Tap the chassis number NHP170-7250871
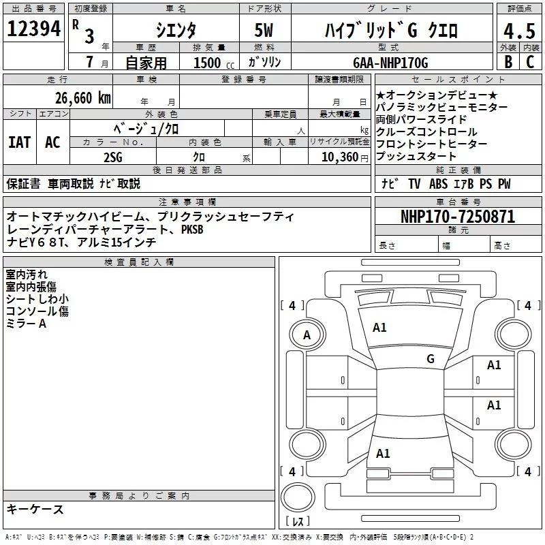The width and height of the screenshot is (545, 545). click(457, 217)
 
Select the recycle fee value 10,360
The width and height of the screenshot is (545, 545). click(335, 157)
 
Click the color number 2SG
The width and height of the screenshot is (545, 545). click(113, 157)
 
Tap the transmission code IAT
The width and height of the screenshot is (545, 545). click(20, 142)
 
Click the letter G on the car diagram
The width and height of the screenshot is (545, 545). click(430, 358)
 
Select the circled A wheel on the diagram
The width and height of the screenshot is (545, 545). click(307, 335)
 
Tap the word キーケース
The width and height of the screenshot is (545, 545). click(35, 510)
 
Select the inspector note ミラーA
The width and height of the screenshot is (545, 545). click(26, 324)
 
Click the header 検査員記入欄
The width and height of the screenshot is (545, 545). click(139, 262)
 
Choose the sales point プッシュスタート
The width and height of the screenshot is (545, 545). click(415, 157)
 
